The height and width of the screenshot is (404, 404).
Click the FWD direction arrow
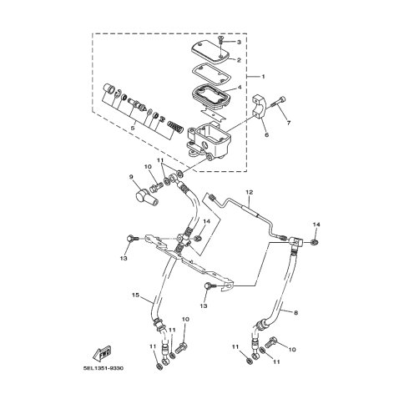point(102,353)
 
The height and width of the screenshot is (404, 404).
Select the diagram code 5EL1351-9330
point(104,368)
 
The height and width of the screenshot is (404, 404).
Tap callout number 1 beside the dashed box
point(263,77)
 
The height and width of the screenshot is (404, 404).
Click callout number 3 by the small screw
point(239,42)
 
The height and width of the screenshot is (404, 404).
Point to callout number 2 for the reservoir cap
point(239,60)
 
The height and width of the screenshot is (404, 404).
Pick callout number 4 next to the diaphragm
point(240,88)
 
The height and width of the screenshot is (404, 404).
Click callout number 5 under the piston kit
point(133,128)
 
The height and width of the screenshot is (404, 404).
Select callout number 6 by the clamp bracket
point(266,135)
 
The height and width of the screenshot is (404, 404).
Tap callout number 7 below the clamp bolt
point(289,123)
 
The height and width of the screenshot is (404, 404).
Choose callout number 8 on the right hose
point(295,313)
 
